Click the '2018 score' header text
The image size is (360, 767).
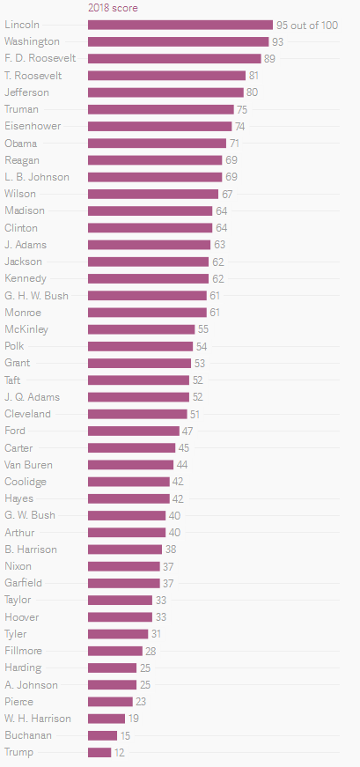point(113,8)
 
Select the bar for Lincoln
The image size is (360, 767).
point(180,25)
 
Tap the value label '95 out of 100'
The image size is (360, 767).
point(307,26)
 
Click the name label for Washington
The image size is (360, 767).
point(32,41)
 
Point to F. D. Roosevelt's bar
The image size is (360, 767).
point(174,59)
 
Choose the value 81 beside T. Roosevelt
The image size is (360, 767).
point(253,76)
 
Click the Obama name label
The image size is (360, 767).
point(20,144)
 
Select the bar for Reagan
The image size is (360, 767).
point(155,160)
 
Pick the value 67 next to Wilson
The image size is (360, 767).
point(227,195)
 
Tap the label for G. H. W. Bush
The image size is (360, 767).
point(36,296)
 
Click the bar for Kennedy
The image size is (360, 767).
point(148,279)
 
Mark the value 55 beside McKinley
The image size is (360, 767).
point(203,329)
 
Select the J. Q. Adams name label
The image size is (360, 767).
point(32,397)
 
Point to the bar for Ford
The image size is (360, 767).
point(134,431)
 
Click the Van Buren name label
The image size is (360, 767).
point(28,465)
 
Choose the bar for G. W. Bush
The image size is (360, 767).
point(127,515)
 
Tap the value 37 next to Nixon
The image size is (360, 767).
point(169,566)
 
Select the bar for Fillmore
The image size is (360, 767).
point(115,651)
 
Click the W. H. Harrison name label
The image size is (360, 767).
point(38,719)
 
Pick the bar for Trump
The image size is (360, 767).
point(99,752)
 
